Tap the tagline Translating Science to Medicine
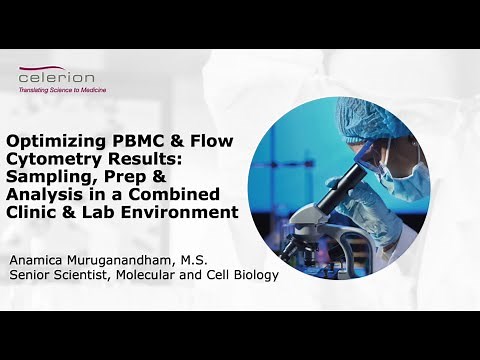(63, 90)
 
